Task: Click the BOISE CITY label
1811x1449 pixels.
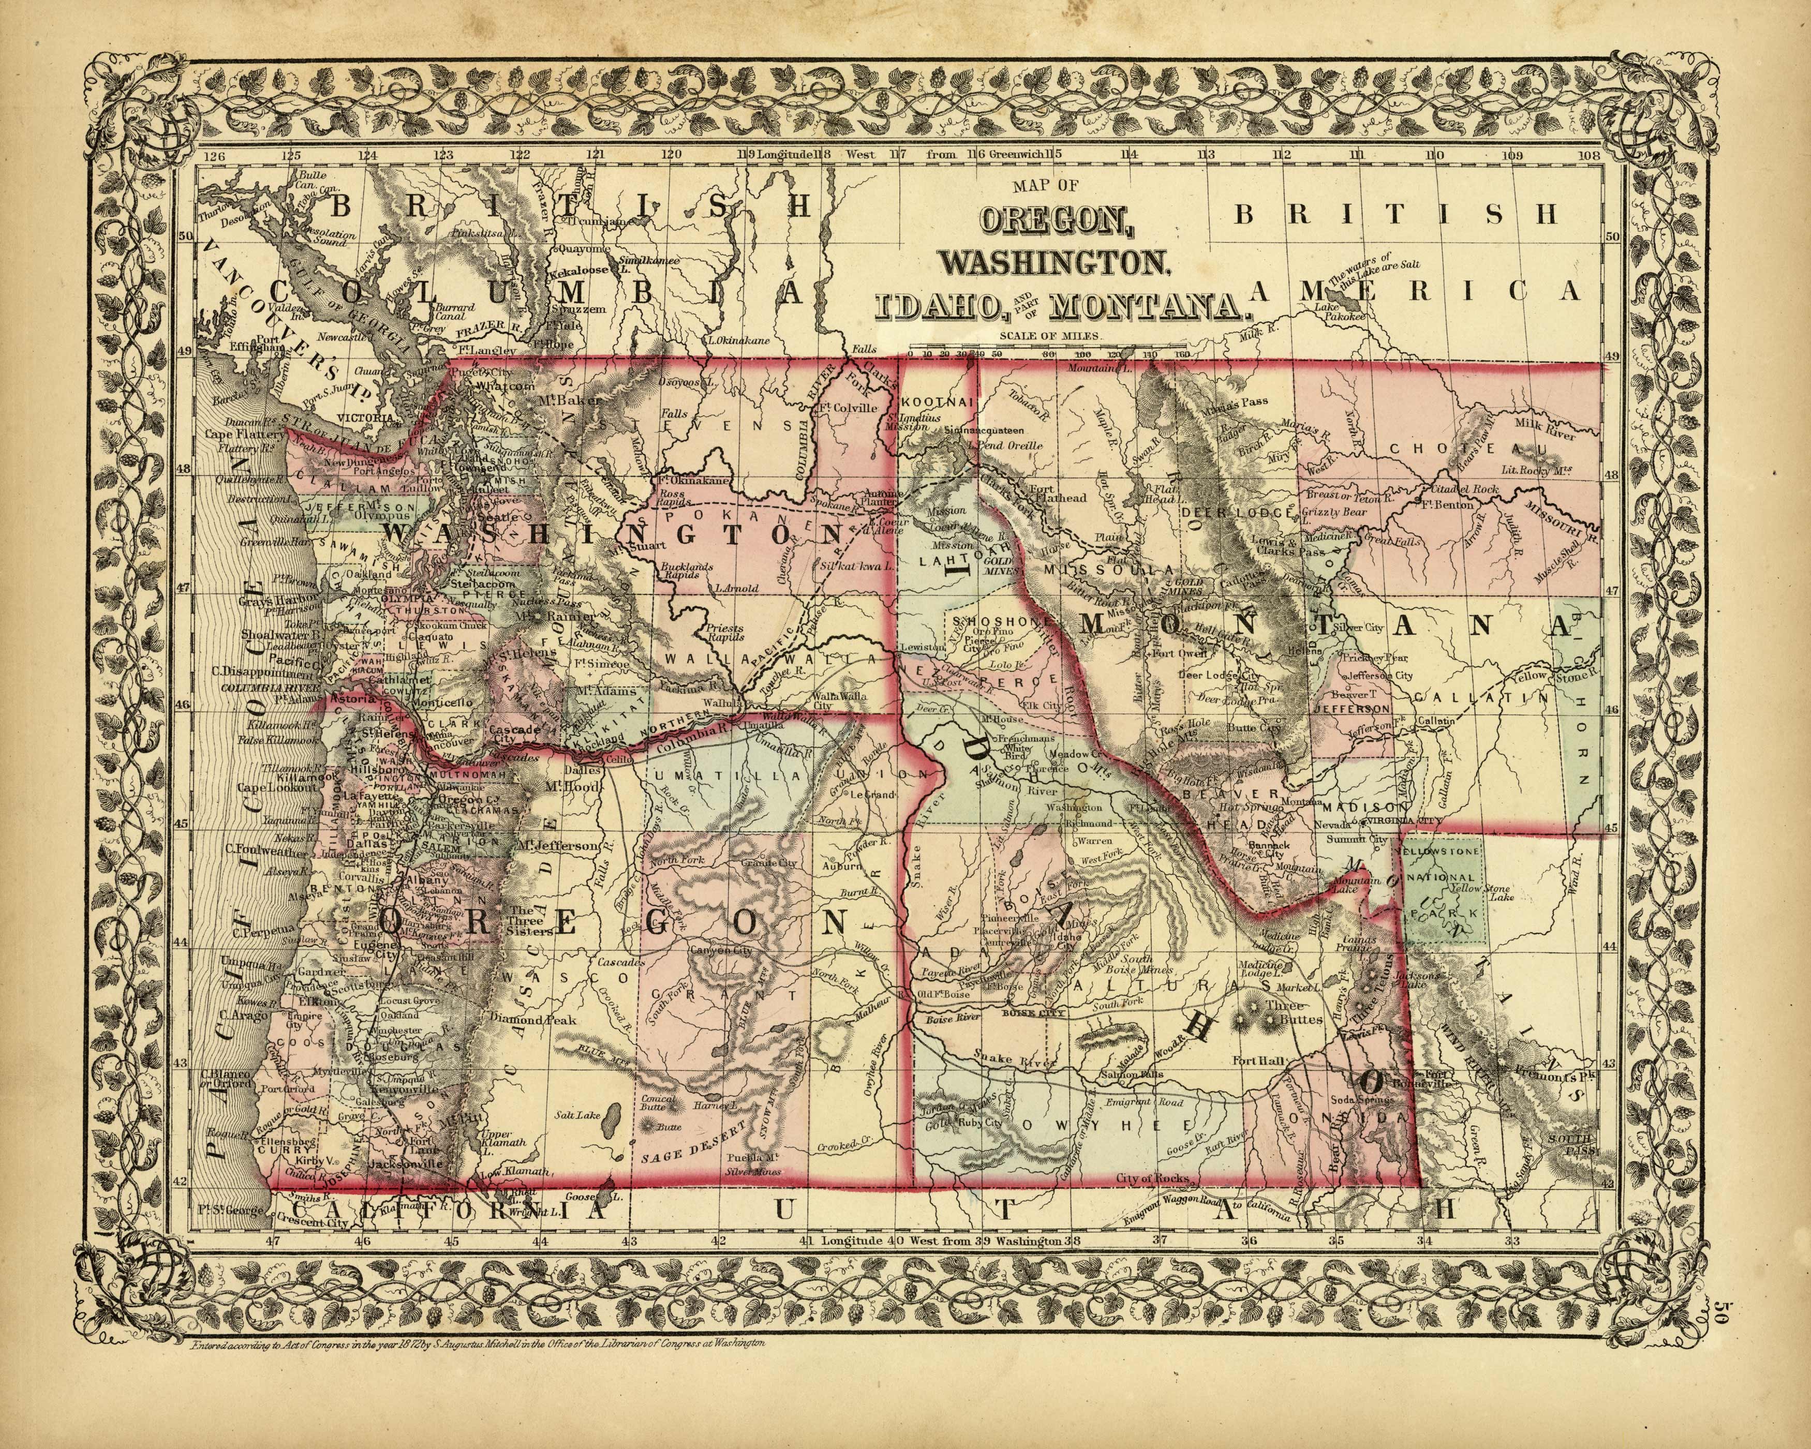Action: click(1033, 1014)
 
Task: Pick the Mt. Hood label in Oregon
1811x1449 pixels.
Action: click(565, 787)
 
